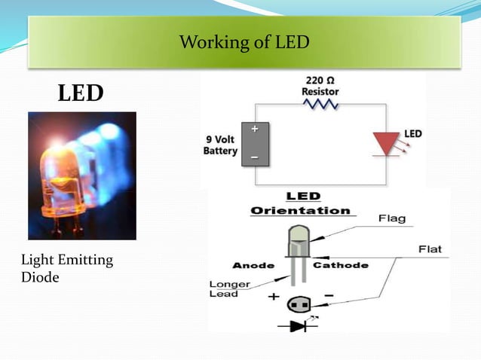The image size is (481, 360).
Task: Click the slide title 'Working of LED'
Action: [x=244, y=42]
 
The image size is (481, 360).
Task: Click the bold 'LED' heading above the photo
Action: [x=81, y=93]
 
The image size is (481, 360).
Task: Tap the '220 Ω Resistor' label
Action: [x=320, y=85]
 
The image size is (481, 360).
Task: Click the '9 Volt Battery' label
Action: [x=221, y=145]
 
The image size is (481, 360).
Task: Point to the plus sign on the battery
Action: [x=255, y=129]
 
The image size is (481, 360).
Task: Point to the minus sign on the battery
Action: [x=255, y=157]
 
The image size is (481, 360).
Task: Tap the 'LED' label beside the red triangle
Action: [x=413, y=133]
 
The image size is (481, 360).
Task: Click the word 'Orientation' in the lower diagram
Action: [x=300, y=211]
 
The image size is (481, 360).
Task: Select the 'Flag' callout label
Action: [x=391, y=218]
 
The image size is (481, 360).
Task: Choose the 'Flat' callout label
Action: [x=430, y=249]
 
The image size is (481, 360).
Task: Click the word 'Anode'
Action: [x=253, y=265]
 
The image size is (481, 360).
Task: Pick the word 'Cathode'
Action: [x=340, y=265]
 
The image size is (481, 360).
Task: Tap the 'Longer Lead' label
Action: [x=224, y=288]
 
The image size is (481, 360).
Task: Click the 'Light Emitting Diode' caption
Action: [x=67, y=268]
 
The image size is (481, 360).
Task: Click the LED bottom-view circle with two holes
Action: [x=299, y=304]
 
